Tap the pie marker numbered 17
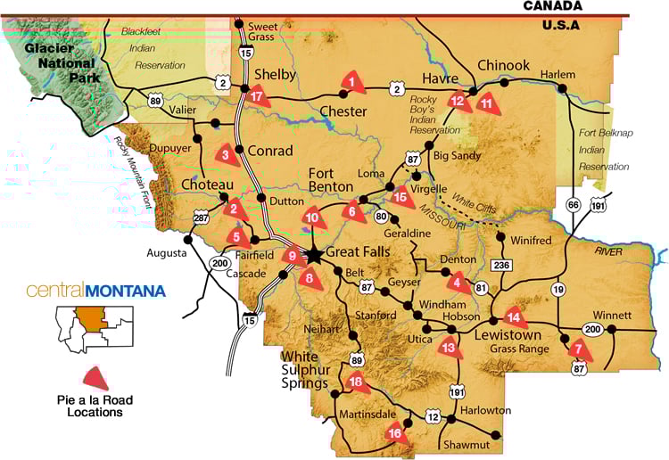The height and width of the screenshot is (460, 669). click(x=259, y=96)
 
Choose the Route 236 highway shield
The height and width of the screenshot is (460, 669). click(x=502, y=265)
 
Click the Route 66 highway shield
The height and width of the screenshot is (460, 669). click(x=573, y=205)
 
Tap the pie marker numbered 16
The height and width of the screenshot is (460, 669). click(x=395, y=433)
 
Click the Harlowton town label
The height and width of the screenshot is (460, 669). click(x=486, y=411)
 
